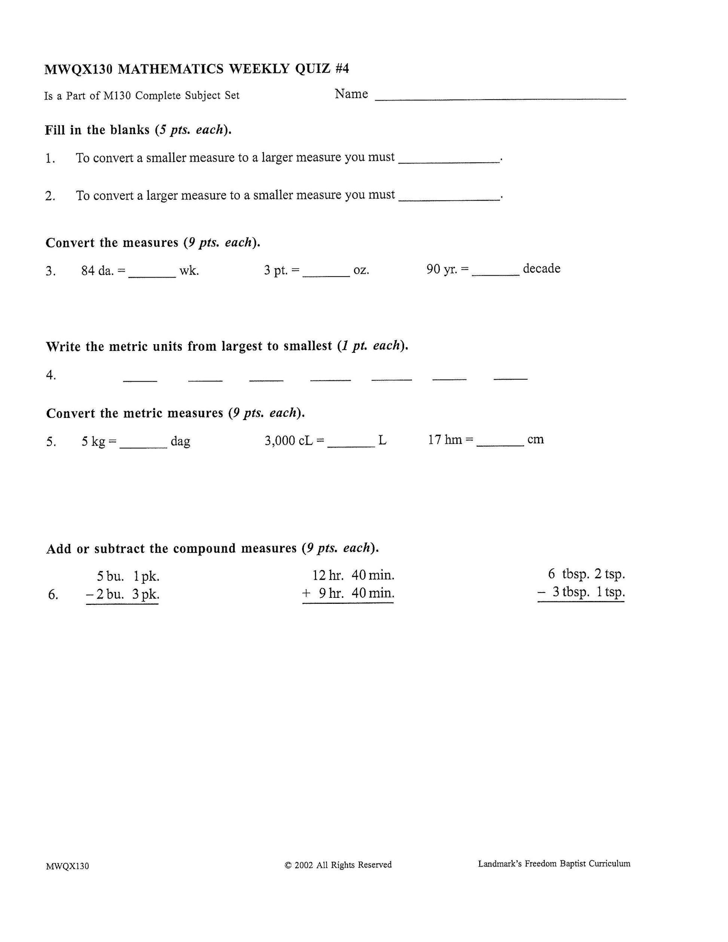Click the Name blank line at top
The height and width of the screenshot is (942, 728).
click(x=500, y=98)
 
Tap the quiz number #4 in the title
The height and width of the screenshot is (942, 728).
click(x=341, y=68)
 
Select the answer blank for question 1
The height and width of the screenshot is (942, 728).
click(x=449, y=161)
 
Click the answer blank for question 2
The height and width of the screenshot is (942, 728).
click(x=449, y=198)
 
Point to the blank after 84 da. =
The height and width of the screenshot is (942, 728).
click(x=152, y=275)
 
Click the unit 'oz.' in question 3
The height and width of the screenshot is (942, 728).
click(x=361, y=270)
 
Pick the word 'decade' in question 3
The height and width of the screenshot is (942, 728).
click(x=541, y=269)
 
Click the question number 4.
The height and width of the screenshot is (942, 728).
click(x=51, y=375)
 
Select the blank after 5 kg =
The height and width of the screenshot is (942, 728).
click(x=143, y=446)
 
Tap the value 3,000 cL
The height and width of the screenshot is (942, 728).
click(x=288, y=441)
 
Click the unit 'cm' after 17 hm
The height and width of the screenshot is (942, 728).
click(x=535, y=440)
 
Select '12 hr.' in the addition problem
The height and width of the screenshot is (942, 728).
click(x=328, y=575)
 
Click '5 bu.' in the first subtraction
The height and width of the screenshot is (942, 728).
click(x=110, y=576)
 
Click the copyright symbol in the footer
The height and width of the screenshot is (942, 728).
click(x=288, y=865)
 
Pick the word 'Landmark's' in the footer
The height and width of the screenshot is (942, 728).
click(x=500, y=863)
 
